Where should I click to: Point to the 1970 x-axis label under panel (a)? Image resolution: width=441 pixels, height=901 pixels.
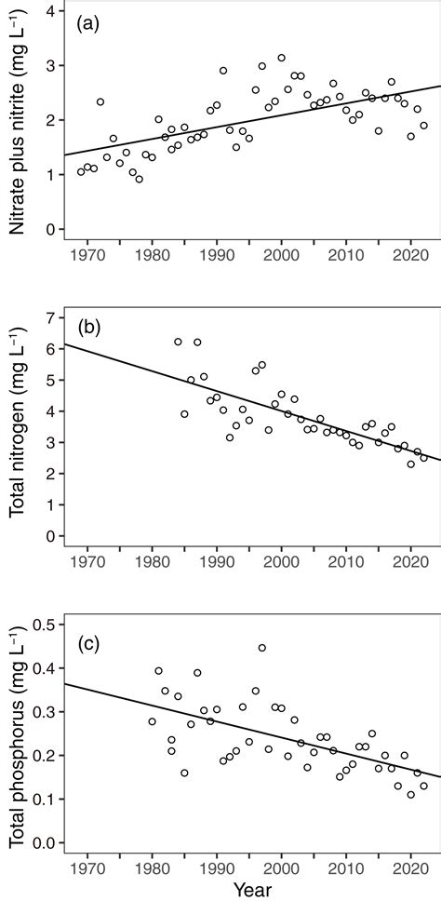87,255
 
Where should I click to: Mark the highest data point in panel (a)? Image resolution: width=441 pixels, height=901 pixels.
281,58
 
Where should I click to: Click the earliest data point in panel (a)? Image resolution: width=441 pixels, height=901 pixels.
81,171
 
